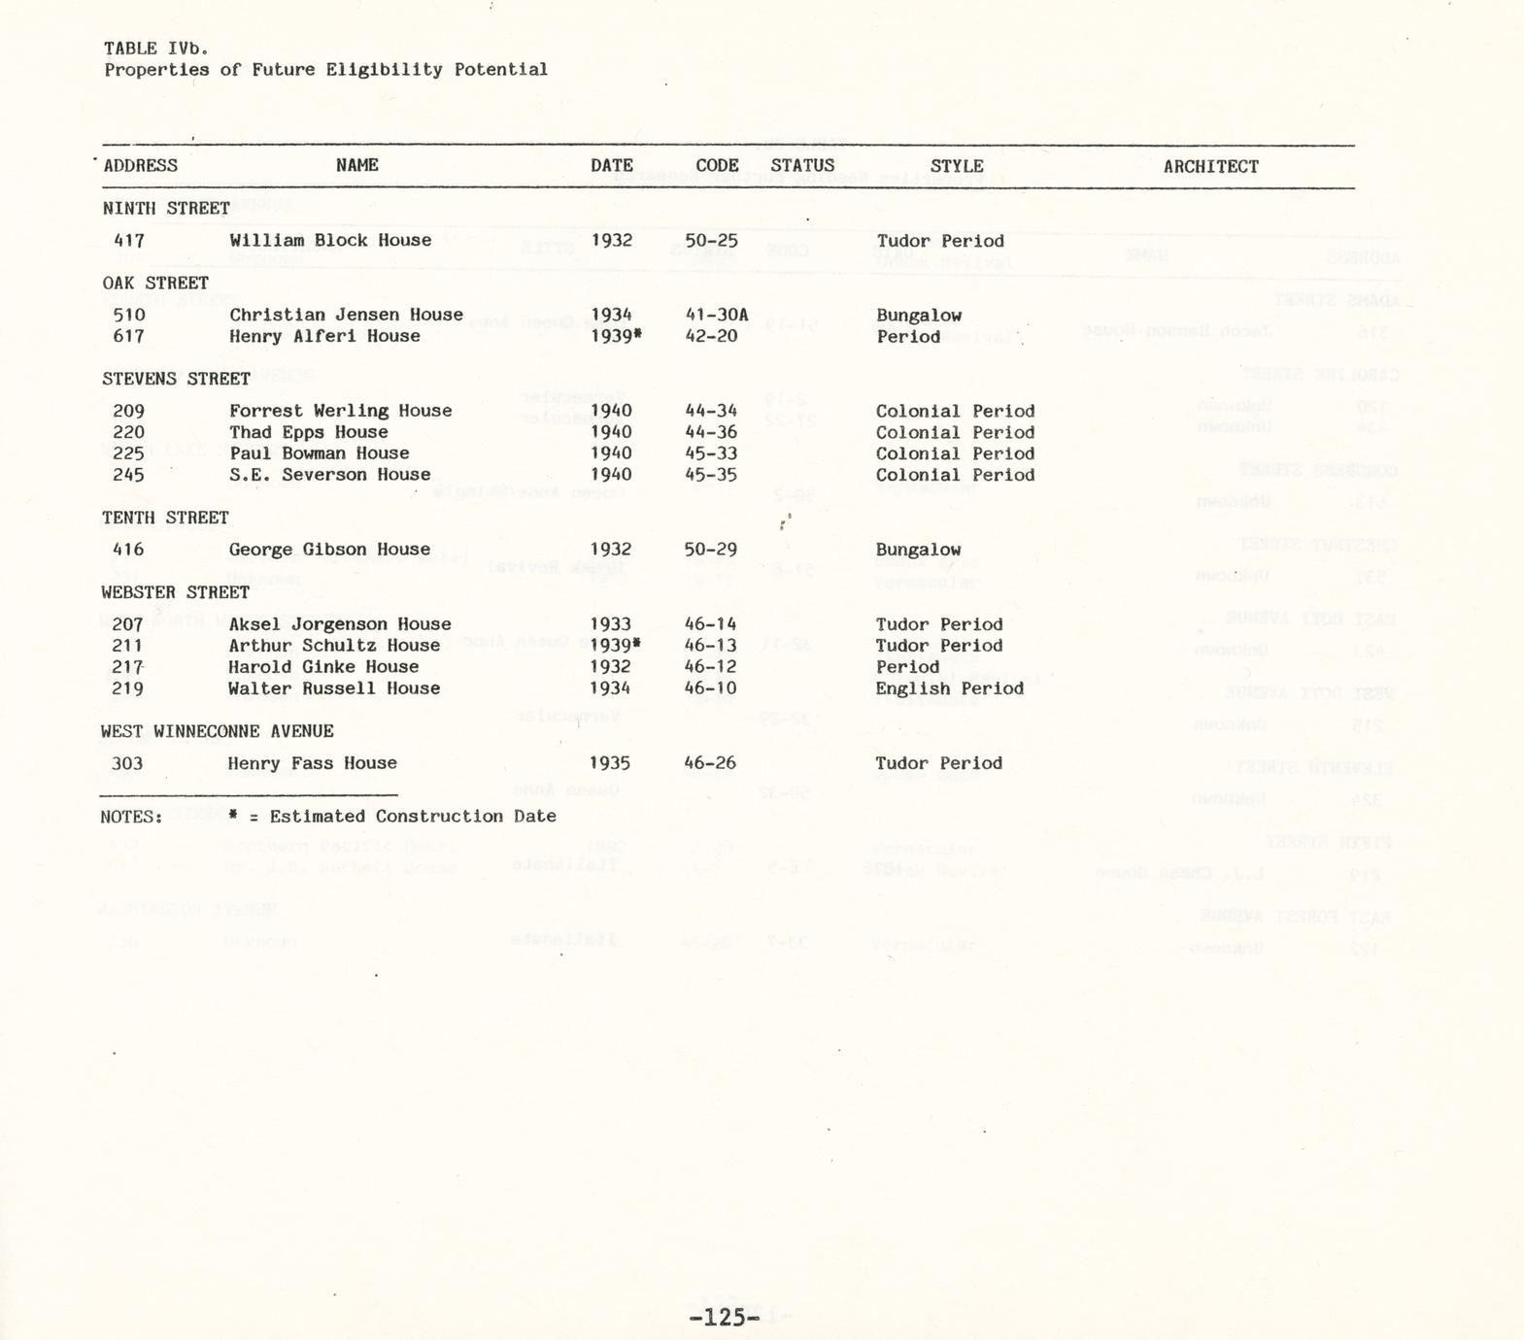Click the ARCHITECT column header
[1210, 166]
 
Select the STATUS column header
[802, 165]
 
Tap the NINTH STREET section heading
[166, 208]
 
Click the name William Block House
[330, 240]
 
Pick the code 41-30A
[717, 315]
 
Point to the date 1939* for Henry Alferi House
[616, 336]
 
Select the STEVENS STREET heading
[176, 379]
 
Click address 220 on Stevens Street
[128, 432]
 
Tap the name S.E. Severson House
[329, 475]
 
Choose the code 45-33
[711, 453]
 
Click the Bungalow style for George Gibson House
[918, 550]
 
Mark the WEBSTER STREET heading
[175, 592]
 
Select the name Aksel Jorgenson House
[340, 624]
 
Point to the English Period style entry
[949, 688]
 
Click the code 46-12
[711, 667]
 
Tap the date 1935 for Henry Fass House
[611, 763]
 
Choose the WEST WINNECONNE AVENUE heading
[217, 731]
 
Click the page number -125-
[724, 1318]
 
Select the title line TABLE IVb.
[155, 48]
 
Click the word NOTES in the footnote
[130, 817]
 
